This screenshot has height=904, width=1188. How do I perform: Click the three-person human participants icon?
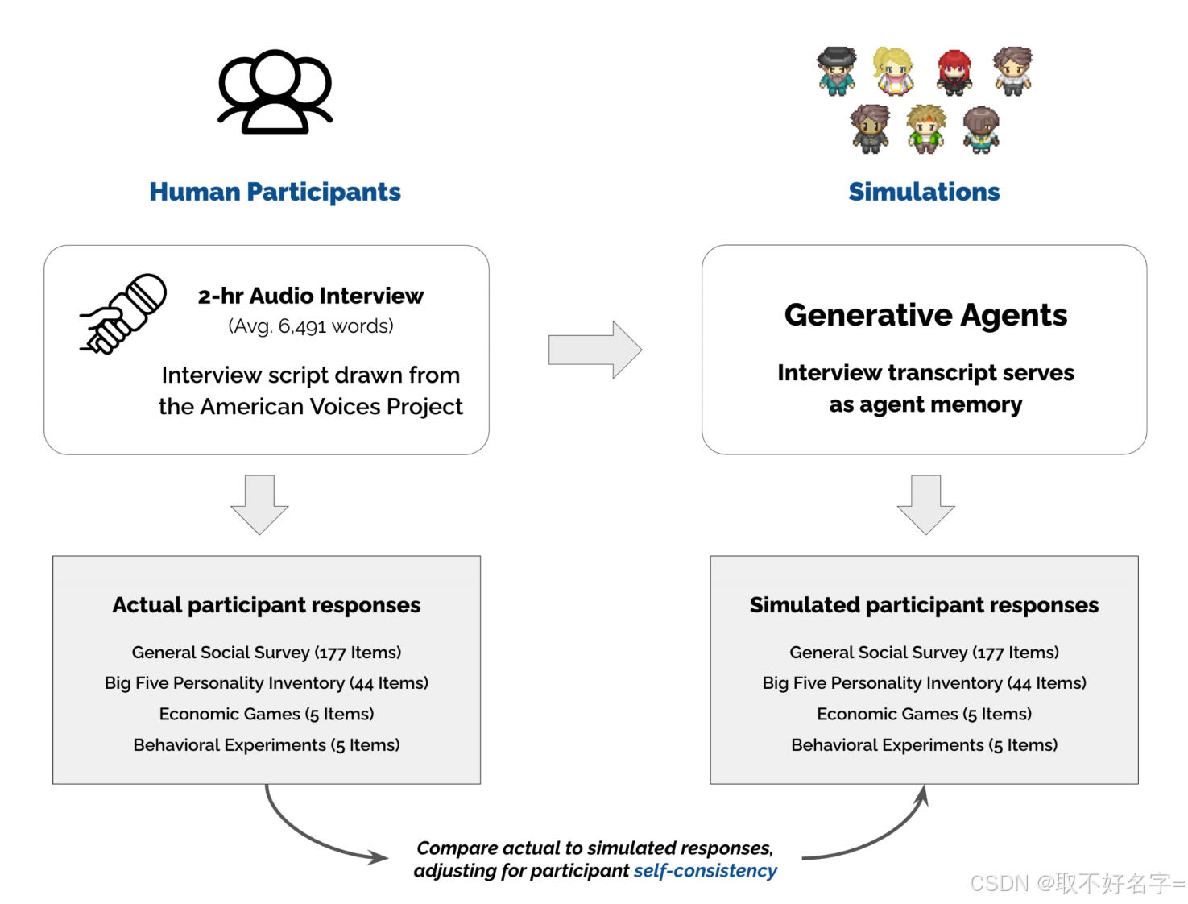tap(275, 92)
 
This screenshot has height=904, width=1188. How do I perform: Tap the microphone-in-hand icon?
tap(123, 313)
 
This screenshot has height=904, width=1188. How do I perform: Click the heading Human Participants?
tap(275, 192)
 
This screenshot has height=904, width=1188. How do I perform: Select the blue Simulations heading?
tap(924, 192)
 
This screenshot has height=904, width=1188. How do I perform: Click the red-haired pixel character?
tap(954, 72)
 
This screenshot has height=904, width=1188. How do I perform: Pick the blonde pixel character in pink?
tap(894, 71)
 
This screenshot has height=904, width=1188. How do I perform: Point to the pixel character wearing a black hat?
tap(837, 71)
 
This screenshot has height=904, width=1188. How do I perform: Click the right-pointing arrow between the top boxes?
tap(594, 350)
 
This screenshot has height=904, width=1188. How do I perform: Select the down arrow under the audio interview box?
tap(259, 504)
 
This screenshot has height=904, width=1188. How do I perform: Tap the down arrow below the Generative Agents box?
tap(925, 504)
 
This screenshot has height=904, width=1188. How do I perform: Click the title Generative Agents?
tap(925, 315)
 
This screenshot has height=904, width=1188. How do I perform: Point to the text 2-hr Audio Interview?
tap(311, 296)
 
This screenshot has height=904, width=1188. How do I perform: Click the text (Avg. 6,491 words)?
tap(311, 326)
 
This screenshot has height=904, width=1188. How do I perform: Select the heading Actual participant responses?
tap(267, 605)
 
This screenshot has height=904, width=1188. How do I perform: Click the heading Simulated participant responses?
tap(924, 605)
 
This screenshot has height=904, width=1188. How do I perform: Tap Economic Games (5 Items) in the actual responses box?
tap(267, 714)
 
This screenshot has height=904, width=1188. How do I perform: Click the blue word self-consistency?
tap(705, 871)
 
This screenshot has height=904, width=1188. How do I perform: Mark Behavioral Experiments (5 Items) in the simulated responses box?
tap(924, 745)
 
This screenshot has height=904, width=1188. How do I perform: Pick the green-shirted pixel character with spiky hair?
tap(926, 129)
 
